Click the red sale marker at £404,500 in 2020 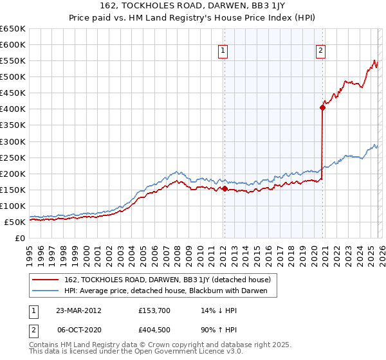[x=322, y=108]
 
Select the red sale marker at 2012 [x=224, y=189]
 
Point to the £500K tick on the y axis [x=13, y=77]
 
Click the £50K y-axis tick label [x=15, y=222]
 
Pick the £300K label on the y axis [x=13, y=141]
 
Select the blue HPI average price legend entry [x=170, y=291]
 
